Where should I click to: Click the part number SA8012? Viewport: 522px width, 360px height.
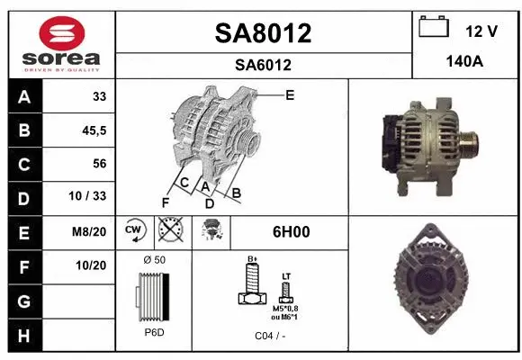point(263,34)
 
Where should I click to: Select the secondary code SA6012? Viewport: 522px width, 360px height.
point(263,65)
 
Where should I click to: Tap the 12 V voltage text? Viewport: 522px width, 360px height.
point(481,31)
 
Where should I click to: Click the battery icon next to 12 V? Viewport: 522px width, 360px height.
point(435,28)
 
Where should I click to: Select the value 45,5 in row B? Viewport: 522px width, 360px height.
point(93,131)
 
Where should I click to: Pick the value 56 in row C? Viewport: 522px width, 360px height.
point(99,164)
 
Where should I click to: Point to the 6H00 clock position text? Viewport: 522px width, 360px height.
point(291,231)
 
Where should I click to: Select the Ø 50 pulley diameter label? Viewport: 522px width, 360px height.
point(154,259)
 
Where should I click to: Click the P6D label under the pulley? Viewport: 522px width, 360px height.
point(154,332)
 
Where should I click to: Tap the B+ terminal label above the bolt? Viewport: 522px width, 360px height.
point(253,259)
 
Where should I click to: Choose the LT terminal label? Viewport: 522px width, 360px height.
point(285,275)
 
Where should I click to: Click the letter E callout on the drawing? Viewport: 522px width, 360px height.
point(290,95)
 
